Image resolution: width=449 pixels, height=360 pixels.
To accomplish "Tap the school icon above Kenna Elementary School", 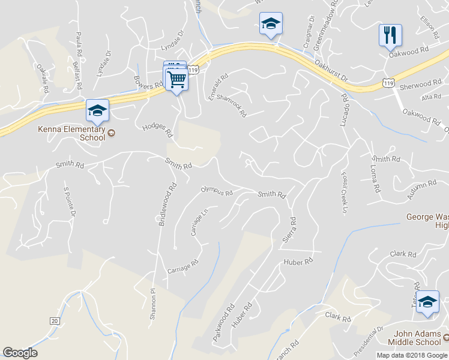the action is click(x=97, y=110).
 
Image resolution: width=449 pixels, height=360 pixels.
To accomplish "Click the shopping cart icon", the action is click(x=177, y=79).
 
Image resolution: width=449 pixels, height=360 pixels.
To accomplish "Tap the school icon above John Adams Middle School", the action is click(x=427, y=302).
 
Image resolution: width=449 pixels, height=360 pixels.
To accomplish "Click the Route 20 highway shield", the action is click(x=55, y=322).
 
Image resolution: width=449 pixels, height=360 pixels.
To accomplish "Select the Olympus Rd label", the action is click(x=217, y=191).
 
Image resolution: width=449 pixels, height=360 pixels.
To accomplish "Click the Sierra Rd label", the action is click(x=288, y=229).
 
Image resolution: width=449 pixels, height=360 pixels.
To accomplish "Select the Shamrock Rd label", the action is click(x=232, y=103).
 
